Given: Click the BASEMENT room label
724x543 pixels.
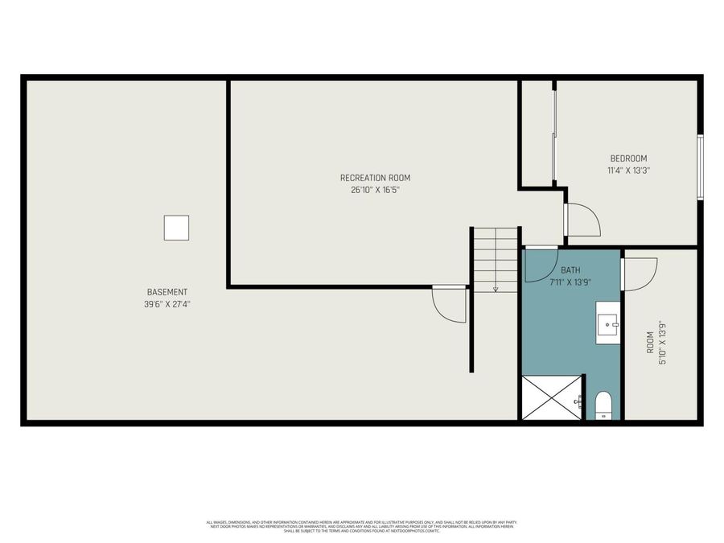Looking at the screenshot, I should click(167, 292).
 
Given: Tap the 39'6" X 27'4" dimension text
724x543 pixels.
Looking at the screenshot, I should click(167, 304).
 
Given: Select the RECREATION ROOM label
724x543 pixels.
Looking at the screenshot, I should click(370, 178).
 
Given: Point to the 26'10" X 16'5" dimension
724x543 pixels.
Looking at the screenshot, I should click(370, 190).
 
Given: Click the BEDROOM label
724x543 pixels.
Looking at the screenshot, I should click(628, 158).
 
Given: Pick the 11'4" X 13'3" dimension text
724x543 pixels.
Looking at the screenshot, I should click(628, 171).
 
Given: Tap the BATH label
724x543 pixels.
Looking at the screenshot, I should click(570, 270).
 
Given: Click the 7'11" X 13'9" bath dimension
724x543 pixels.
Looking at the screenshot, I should click(570, 282).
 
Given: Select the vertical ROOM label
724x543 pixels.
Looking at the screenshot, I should click(650, 343).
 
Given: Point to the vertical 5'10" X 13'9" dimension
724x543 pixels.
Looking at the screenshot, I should click(663, 343).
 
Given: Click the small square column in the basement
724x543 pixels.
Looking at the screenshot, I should click(176, 228).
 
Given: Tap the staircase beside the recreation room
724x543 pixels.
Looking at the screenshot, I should click(496, 260).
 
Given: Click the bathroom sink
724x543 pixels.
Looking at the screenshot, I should click(607, 323).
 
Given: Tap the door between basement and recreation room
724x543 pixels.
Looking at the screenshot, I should click(450, 304).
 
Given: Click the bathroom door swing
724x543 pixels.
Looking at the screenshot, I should click(541, 265).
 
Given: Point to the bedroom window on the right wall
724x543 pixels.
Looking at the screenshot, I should click(700, 167).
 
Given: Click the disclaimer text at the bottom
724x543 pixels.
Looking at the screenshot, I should click(362, 526).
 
